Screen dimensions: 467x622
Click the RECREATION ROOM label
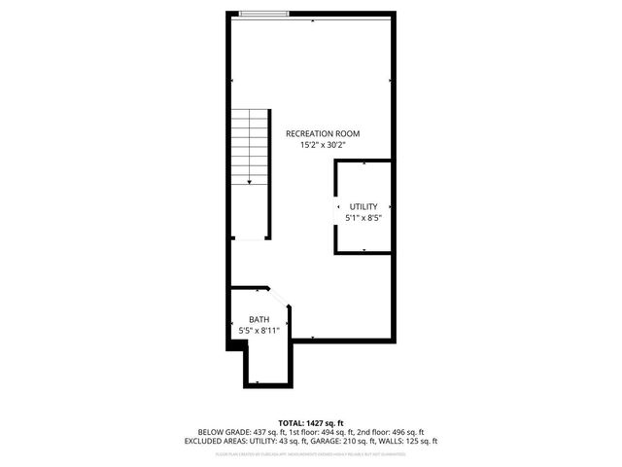(x=322, y=132)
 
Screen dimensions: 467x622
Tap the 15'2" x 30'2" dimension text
(x=322, y=145)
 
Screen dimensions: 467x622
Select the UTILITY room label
(x=363, y=206)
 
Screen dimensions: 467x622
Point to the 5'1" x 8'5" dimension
(x=363, y=218)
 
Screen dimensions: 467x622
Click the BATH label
(x=259, y=319)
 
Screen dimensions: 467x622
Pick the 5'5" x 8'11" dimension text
(x=259, y=331)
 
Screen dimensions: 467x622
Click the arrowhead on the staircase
(x=250, y=181)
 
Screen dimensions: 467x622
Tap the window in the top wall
(x=263, y=14)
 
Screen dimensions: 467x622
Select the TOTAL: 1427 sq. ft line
(x=310, y=421)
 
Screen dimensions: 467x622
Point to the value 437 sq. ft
(x=267, y=431)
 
